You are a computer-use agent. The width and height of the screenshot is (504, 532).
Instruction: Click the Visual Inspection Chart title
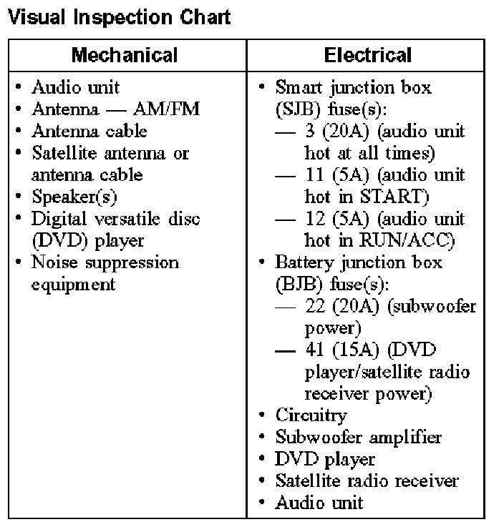(x=118, y=17)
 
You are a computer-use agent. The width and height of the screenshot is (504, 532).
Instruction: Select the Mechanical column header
(x=125, y=55)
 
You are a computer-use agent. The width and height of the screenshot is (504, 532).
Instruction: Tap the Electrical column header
(x=368, y=55)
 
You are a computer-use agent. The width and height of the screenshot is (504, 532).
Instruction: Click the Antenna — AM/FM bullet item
(x=115, y=109)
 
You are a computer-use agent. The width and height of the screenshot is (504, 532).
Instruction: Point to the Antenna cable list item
(x=89, y=131)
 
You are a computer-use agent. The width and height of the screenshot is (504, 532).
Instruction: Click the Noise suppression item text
(x=105, y=262)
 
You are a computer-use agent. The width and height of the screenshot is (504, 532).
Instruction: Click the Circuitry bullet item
(x=311, y=415)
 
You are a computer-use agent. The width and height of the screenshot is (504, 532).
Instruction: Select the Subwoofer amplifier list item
(x=358, y=437)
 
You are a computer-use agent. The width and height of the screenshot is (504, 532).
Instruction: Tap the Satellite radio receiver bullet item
(x=367, y=481)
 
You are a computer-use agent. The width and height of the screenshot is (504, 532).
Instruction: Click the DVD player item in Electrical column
(x=324, y=459)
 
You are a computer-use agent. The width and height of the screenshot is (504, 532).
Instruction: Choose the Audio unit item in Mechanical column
(x=75, y=87)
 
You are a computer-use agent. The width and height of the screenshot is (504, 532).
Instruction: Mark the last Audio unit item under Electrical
(x=319, y=503)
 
